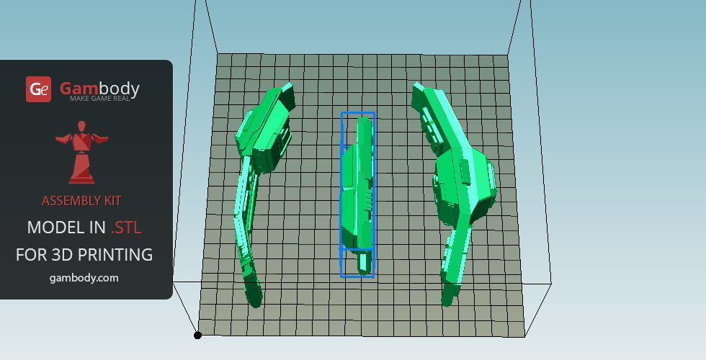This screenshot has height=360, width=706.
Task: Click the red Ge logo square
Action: [x=38, y=89]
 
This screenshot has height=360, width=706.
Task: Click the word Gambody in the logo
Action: [x=99, y=88]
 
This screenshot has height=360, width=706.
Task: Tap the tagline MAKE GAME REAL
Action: [x=99, y=98]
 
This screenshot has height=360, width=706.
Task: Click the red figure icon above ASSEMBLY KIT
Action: [x=81, y=152]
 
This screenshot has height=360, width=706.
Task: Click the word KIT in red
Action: [x=113, y=201]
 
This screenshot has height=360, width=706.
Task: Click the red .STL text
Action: [x=126, y=228]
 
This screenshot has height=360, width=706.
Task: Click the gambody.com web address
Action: [x=84, y=278]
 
